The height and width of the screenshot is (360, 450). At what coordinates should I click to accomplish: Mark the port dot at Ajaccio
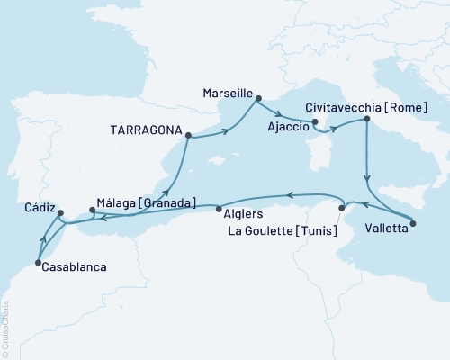pos(315,121)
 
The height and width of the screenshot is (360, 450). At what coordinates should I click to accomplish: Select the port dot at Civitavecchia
pos(366,119)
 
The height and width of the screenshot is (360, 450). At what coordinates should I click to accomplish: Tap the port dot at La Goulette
pos(341,209)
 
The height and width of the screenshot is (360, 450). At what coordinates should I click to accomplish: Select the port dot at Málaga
pos(92,211)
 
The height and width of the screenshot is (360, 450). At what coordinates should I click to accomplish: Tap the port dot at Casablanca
pos(38,263)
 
